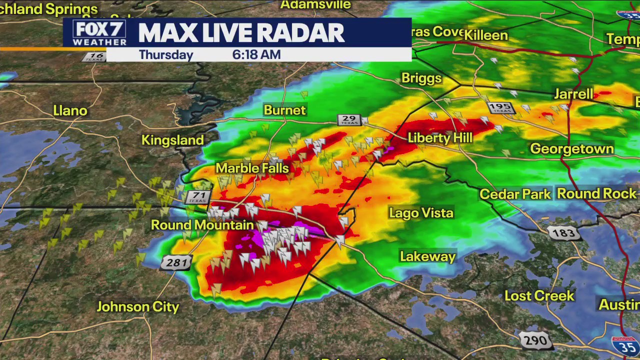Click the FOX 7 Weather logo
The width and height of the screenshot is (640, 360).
(x=99, y=33)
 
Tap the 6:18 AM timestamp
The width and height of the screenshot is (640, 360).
(x=256, y=54)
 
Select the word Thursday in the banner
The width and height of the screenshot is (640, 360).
(x=166, y=54)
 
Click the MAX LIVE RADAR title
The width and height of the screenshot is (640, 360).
(x=241, y=33)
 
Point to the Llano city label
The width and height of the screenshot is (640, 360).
(x=70, y=110)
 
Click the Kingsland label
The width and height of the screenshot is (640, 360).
(x=172, y=140)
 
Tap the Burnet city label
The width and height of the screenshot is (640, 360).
(x=284, y=110)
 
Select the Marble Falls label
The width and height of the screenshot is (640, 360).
(x=252, y=168)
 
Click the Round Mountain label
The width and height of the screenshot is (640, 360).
(x=202, y=225)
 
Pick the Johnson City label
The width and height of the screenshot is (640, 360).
(x=137, y=306)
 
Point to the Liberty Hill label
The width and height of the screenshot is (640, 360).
(x=440, y=138)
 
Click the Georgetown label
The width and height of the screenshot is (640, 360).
(x=571, y=149)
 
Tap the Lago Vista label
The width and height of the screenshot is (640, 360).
(x=421, y=213)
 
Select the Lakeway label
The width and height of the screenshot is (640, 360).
(x=427, y=256)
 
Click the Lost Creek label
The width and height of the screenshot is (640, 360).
(x=539, y=295)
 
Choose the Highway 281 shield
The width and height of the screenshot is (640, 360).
(x=176, y=262)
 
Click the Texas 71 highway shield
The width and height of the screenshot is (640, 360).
(x=197, y=197)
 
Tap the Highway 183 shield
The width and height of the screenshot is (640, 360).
(x=563, y=233)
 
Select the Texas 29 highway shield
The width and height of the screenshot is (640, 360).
(x=349, y=120)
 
